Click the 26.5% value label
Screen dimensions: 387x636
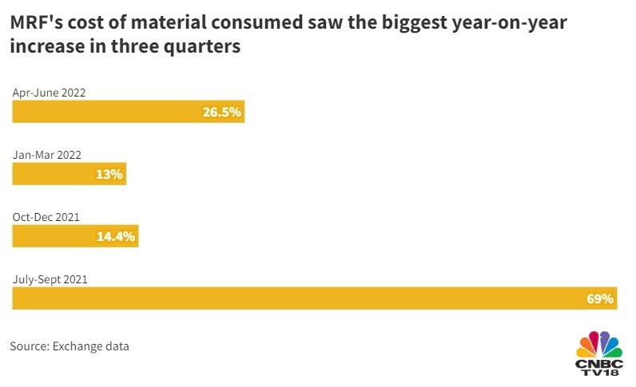[221, 112]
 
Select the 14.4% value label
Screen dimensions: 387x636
[117, 235]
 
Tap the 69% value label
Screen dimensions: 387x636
[600, 298]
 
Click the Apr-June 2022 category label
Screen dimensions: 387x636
[49, 93]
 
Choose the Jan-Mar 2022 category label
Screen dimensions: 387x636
[47, 155]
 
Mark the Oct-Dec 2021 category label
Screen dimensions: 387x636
[46, 217]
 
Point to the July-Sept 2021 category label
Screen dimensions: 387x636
[50, 279]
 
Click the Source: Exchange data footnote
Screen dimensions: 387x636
[70, 346]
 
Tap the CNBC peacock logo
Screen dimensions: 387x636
[599, 343]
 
